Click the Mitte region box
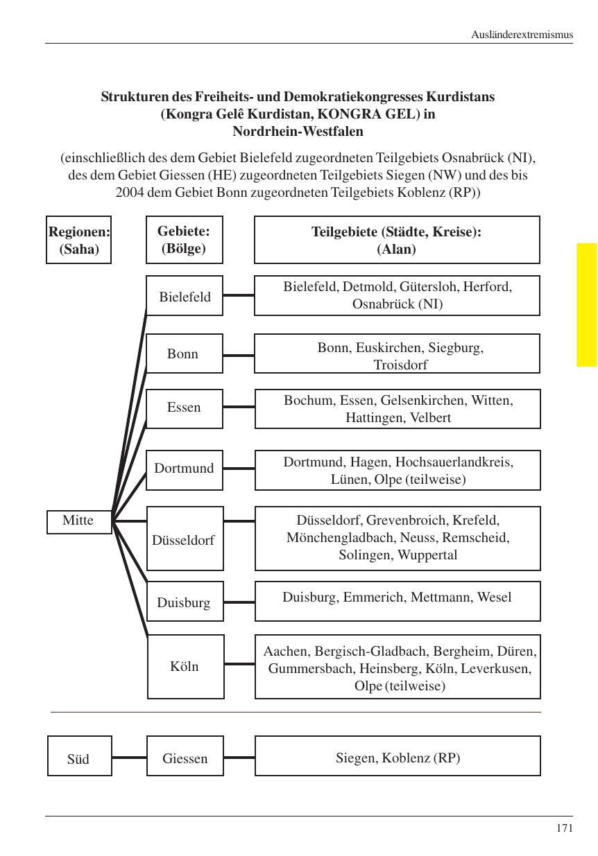click(79, 521)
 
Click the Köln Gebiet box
click(185, 666)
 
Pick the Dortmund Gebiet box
click(185, 469)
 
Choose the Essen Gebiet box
click(185, 408)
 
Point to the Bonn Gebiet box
click(184, 354)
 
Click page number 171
click(564, 828)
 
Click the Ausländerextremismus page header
click(522, 34)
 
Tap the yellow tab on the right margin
click(586, 304)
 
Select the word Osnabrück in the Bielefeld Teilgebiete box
click(384, 304)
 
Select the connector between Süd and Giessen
click(129, 758)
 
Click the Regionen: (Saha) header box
click(79, 241)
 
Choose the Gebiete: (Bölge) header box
click(184, 240)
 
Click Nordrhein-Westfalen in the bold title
click(298, 131)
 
